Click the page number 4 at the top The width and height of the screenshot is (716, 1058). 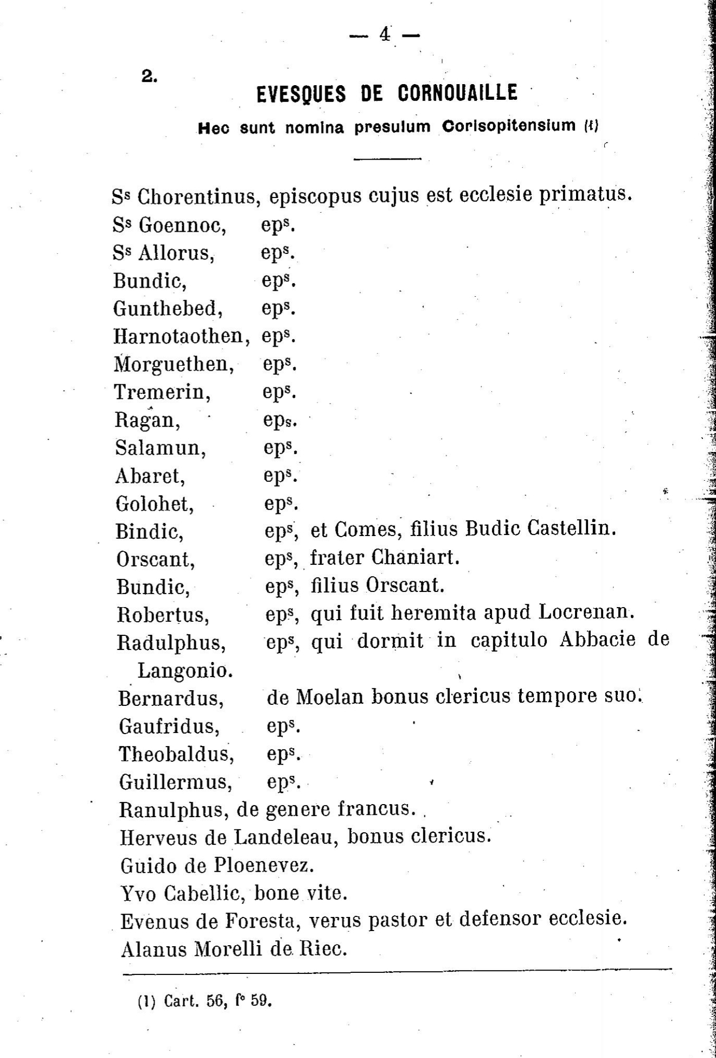pos(385,35)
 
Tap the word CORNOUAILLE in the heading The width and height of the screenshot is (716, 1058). pos(457,93)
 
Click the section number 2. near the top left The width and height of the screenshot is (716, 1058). pos(149,77)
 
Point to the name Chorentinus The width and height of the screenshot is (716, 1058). pos(196,196)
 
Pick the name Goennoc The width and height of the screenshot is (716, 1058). pos(182,225)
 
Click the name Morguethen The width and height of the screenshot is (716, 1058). pos(174,364)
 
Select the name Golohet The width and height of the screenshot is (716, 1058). pos(155,504)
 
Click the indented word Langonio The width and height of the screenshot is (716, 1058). pos(185,671)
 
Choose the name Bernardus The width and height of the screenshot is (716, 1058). pos(171,698)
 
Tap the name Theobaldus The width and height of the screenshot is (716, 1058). pos(176,754)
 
